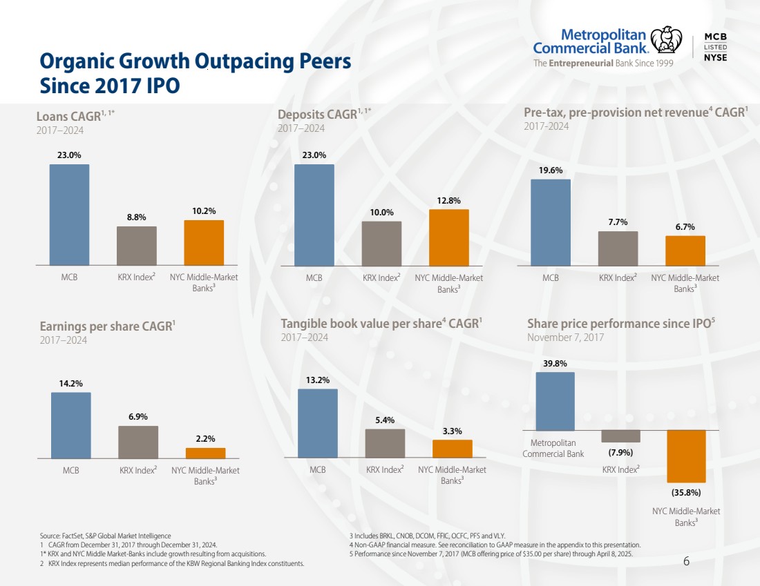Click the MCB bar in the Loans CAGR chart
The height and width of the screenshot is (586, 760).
point(69,214)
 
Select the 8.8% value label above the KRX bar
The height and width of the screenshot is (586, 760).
point(136,217)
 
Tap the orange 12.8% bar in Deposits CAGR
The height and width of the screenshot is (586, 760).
point(448,237)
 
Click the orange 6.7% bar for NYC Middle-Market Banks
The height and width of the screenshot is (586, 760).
point(685,251)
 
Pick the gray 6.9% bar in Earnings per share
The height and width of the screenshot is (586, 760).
point(137,442)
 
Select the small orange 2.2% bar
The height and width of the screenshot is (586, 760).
point(205,453)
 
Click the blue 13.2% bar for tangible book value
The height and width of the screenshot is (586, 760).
point(317,423)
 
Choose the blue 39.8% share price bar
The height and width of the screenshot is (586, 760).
point(555,401)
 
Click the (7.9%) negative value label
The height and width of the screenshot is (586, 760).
point(620,453)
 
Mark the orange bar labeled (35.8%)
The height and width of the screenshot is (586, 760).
point(685,456)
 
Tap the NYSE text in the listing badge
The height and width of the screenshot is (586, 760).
point(714,57)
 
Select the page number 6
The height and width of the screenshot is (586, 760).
point(686,560)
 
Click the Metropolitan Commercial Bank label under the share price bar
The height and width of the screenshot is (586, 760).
point(553,449)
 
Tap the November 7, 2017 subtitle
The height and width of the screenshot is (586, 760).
point(565,338)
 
